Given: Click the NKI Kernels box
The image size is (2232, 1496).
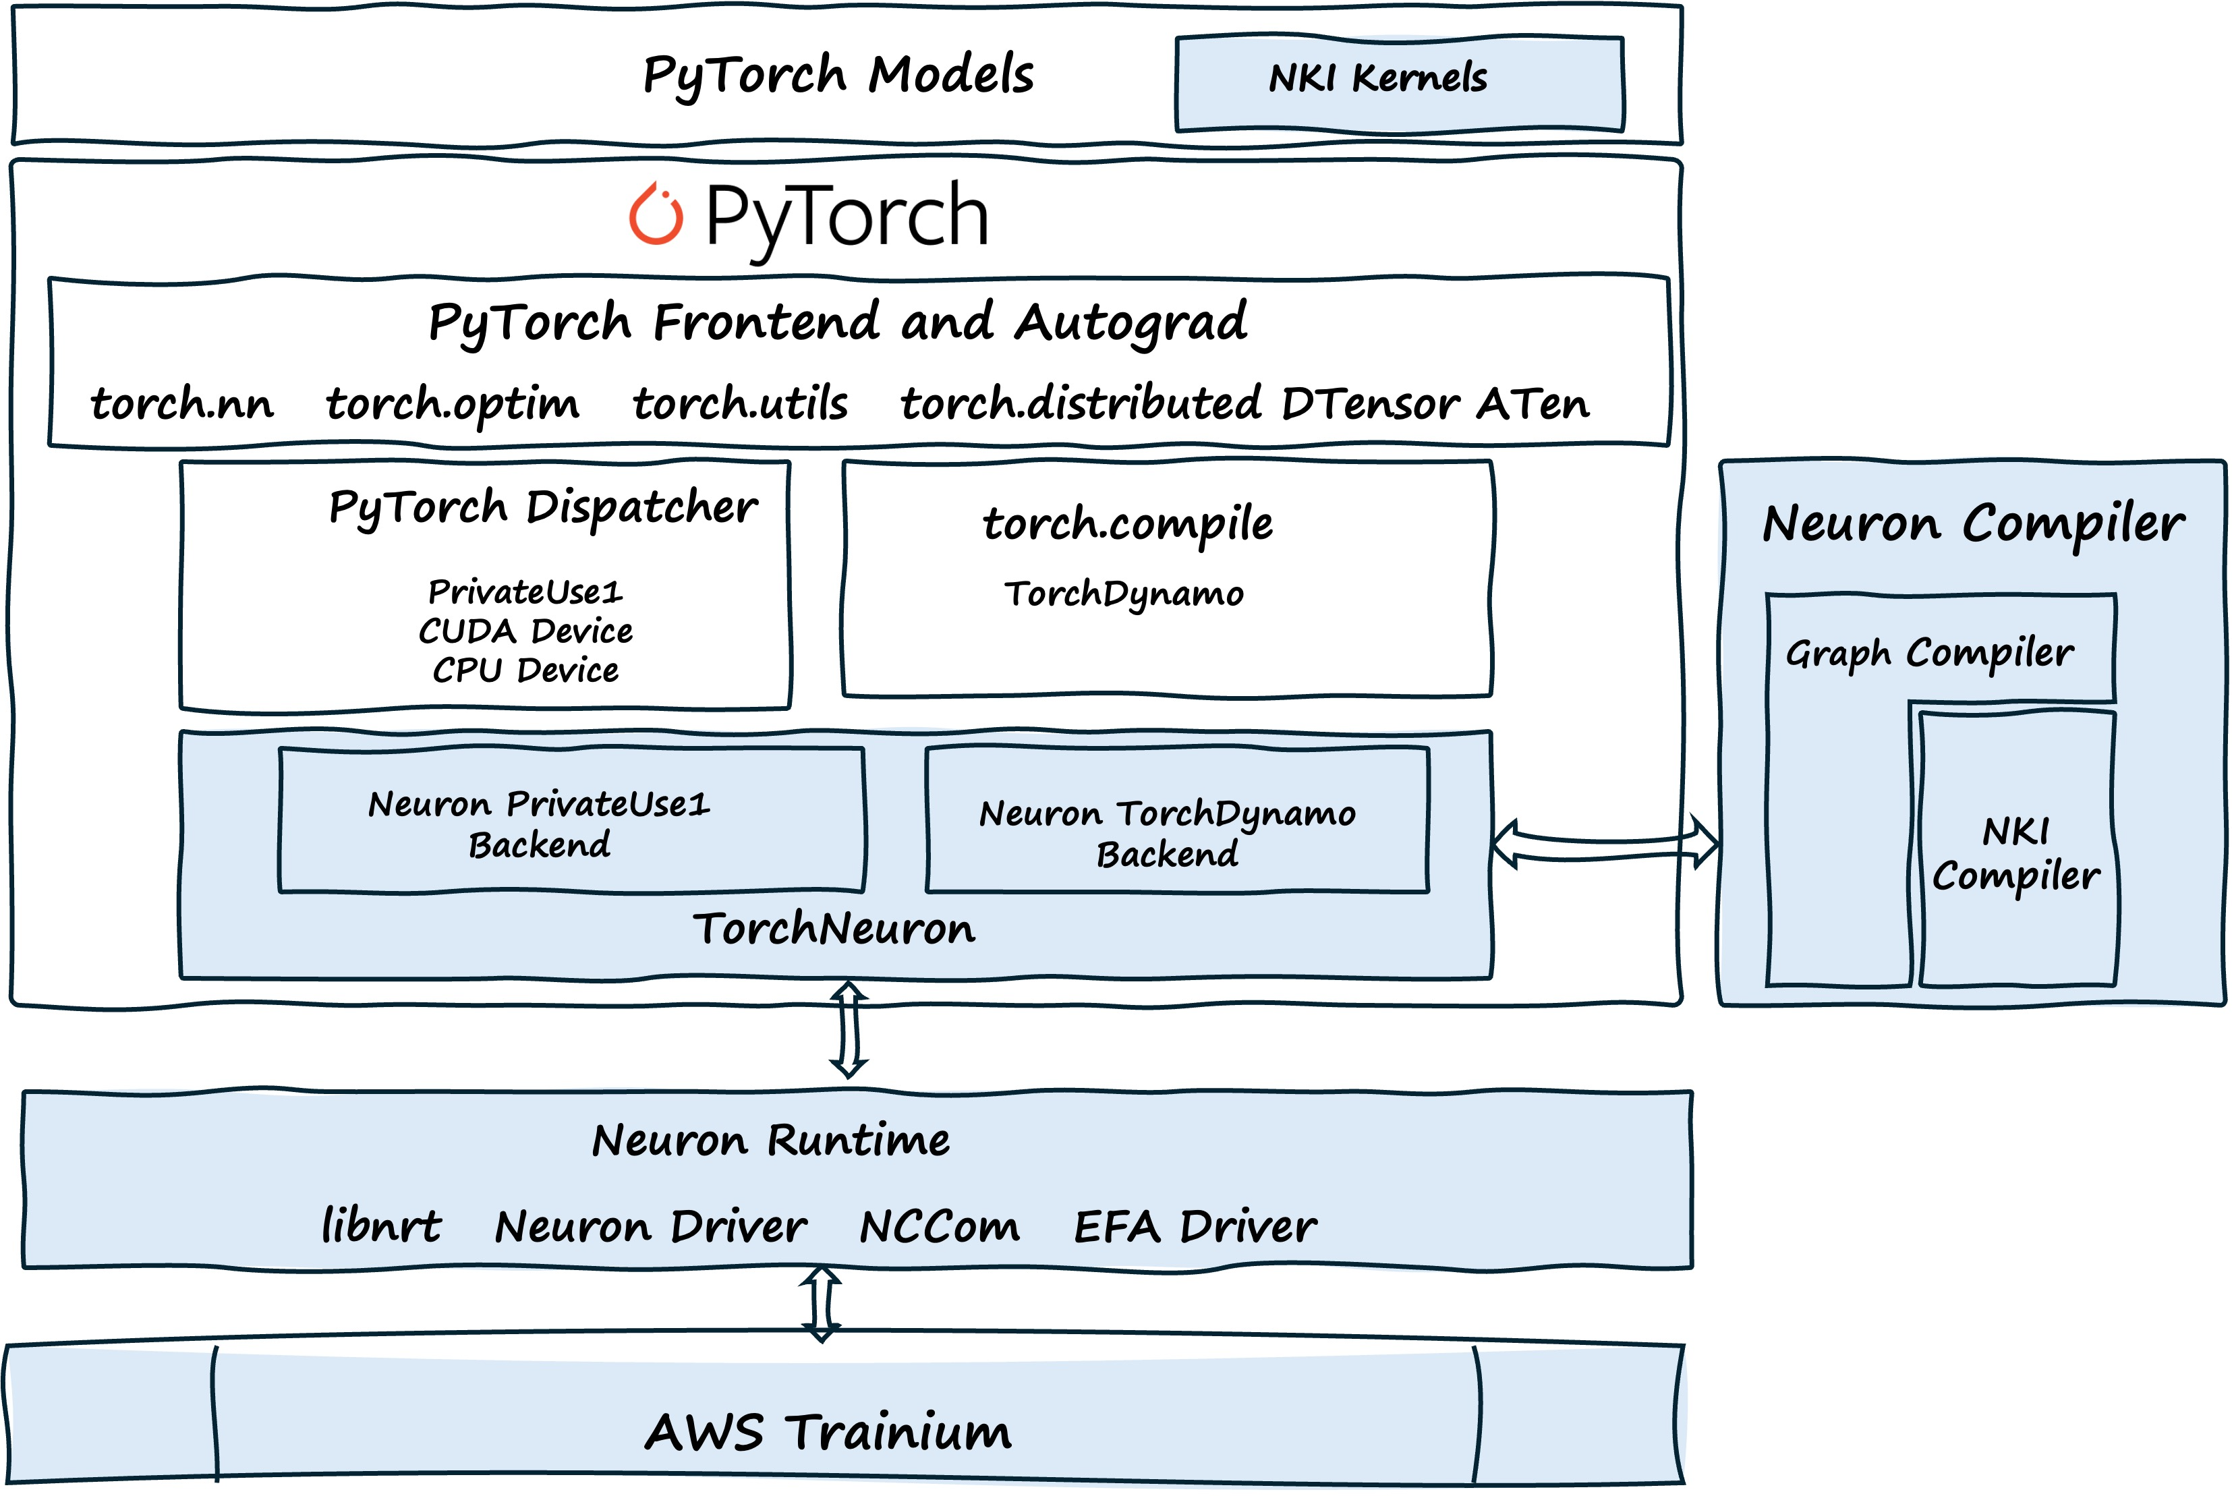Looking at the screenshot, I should click(1398, 82).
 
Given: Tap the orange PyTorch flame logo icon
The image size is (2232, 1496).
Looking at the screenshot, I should click(656, 214).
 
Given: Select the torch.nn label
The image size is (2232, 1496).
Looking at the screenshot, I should click(182, 403).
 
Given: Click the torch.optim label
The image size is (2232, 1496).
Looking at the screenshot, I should click(452, 403).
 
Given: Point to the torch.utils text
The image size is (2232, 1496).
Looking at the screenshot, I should click(740, 403).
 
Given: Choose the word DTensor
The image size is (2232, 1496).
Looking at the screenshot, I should click(1368, 403).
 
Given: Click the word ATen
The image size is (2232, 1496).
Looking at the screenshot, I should click(1533, 403).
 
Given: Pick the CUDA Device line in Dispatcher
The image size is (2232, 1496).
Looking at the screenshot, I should click(525, 631).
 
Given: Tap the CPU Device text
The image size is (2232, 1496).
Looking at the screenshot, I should click(525, 670).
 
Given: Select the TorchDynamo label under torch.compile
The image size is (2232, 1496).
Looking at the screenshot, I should click(1124, 594).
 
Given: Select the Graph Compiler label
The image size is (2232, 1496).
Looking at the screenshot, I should click(1928, 654).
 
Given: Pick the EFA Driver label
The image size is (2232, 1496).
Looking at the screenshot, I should click(1194, 1227).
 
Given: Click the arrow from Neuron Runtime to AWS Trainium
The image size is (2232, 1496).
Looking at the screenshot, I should click(822, 1305).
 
